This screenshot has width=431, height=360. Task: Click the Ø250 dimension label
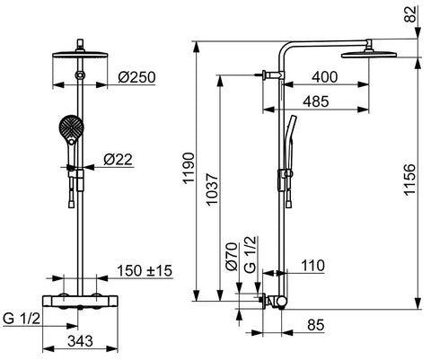tap(136, 77)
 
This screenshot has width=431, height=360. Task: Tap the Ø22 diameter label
tap(118, 159)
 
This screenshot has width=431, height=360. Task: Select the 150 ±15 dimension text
tap(145, 270)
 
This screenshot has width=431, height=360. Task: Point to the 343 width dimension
tap(80, 341)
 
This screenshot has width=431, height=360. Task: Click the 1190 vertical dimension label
tap(189, 168)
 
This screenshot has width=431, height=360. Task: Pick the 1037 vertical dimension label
tap(212, 189)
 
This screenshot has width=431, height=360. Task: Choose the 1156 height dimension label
tap(409, 180)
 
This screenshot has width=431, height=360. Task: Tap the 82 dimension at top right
tap(412, 13)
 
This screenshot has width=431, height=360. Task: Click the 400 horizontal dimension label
tap(324, 77)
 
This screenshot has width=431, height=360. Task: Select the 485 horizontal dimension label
tap(316, 101)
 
